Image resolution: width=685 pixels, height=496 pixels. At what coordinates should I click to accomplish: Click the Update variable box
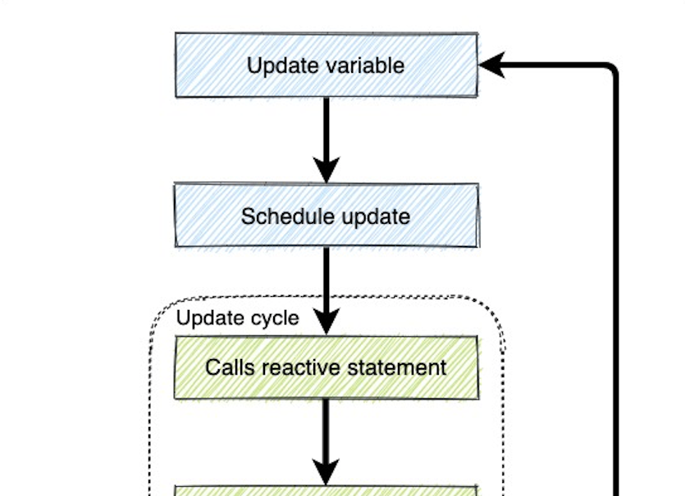[327, 65]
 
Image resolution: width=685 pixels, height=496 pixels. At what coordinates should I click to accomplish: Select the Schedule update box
[327, 216]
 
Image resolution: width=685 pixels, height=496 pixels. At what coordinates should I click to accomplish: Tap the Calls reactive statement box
[327, 367]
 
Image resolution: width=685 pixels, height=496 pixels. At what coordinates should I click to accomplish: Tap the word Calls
[230, 367]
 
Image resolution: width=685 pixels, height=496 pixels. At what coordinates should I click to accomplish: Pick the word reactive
[301, 367]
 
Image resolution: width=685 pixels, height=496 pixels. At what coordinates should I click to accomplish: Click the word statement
[397, 367]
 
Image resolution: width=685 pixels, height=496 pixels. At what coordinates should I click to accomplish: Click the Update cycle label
[238, 318]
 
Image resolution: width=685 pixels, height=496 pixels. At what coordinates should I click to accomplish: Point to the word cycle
[275, 319]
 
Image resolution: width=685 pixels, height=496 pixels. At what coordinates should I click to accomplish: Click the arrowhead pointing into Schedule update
[327, 171]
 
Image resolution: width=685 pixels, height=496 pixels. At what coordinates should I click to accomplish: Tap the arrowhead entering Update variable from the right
[492, 65]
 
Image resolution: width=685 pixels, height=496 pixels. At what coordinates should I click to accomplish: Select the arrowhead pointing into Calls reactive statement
[327, 322]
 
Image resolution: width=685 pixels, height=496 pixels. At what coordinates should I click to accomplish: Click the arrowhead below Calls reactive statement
[327, 472]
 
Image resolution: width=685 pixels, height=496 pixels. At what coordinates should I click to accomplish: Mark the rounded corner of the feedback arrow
[611, 68]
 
